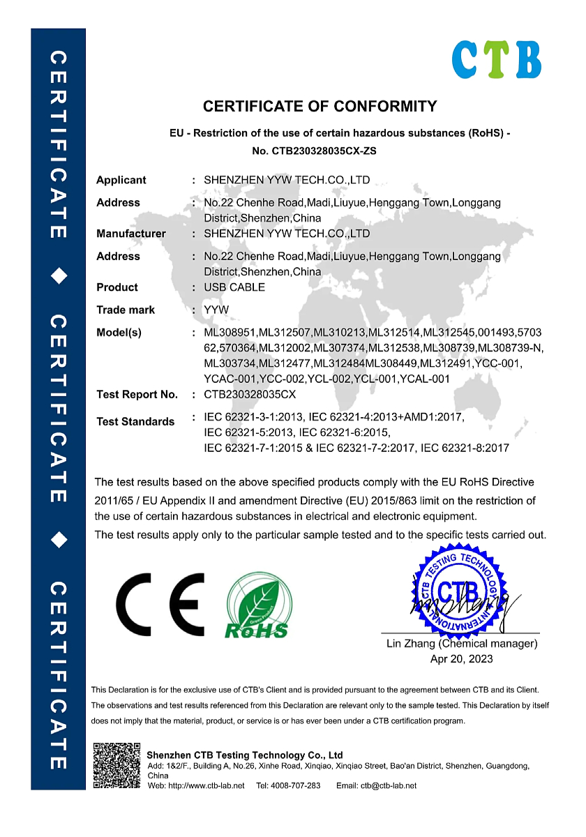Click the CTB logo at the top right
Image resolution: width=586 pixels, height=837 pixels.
point(496,59)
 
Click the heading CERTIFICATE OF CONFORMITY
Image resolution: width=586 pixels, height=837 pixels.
point(320,107)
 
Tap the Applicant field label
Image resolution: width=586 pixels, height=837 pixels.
point(121,180)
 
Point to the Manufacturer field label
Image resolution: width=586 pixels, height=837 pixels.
point(131,234)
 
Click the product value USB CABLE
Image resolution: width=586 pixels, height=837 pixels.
point(234,287)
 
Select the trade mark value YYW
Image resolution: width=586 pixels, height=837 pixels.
point(216,310)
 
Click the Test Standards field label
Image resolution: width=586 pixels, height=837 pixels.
point(135,421)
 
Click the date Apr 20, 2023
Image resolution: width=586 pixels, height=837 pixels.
point(462,658)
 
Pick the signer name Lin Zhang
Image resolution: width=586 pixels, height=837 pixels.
point(411,644)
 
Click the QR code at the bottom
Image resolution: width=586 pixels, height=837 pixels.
point(117,766)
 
